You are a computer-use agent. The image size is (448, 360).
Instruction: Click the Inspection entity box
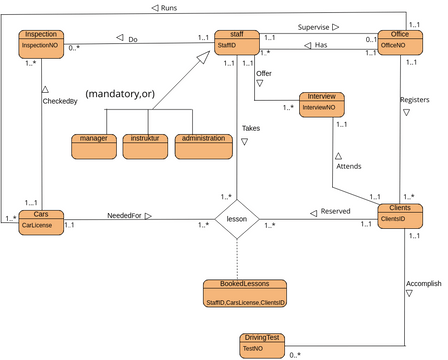[43, 41]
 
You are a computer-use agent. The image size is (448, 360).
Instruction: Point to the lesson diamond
[237, 218]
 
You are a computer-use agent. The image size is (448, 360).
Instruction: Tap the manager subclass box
[93, 146]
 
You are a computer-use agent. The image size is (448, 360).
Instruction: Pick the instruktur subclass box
[145, 146]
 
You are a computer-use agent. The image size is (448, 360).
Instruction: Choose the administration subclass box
[200, 146]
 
